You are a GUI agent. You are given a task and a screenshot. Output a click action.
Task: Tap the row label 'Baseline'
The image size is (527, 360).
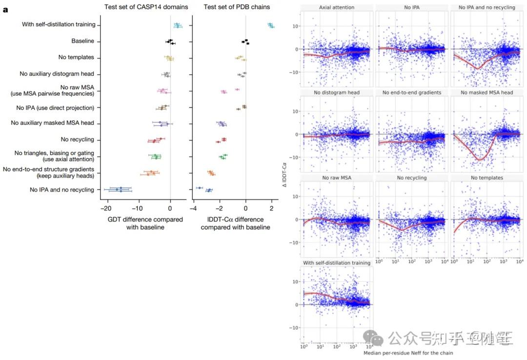tap(82, 41)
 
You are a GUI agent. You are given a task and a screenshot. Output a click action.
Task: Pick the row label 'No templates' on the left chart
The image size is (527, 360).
tap(76, 58)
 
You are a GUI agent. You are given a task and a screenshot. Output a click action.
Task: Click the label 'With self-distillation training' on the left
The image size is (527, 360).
tap(59, 25)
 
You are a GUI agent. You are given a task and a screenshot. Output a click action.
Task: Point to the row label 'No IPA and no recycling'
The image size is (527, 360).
tap(62, 190)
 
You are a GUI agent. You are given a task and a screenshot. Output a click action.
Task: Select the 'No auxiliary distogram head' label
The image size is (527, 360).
tap(57, 74)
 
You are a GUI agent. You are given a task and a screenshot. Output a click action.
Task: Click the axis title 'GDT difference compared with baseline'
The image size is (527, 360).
tap(145, 223)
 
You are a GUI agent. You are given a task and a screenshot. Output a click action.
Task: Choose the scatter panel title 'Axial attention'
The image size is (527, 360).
tap(337, 8)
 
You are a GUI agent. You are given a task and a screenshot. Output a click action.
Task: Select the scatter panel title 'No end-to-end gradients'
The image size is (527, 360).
tap(412, 93)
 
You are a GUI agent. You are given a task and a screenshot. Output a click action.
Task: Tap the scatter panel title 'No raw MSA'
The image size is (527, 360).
tap(337, 178)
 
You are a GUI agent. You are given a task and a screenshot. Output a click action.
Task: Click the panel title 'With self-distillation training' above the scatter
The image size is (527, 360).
tap(337, 263)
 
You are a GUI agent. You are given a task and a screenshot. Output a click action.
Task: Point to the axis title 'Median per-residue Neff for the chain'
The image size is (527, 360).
tap(408, 352)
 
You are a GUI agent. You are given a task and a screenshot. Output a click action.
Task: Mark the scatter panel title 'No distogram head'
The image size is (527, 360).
tap(337, 93)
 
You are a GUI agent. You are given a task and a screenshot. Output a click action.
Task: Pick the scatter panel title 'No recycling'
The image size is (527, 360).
tap(412, 178)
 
